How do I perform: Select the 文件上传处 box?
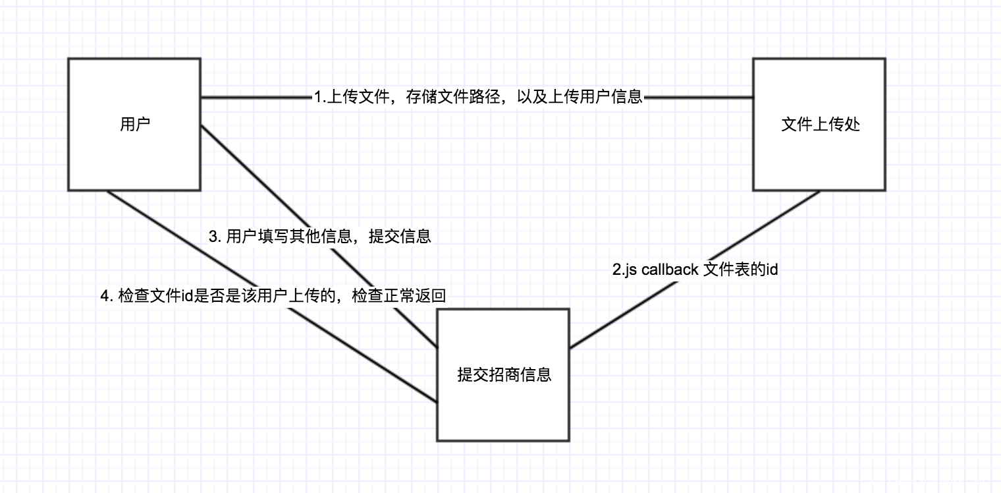[x=819, y=158]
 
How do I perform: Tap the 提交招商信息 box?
[x=503, y=409]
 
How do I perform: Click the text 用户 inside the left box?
[x=135, y=125]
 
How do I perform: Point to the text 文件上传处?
[x=821, y=125]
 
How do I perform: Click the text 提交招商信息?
[x=504, y=375]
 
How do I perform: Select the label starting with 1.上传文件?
[x=478, y=98]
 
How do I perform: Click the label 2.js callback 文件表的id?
[x=695, y=270]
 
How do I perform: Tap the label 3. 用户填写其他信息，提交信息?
[x=320, y=237]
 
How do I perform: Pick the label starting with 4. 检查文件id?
[x=273, y=296]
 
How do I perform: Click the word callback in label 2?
[x=670, y=270]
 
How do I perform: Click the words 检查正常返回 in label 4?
[x=399, y=296]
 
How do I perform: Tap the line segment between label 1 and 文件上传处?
[x=698, y=98]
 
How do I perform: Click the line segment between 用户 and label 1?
[x=257, y=98]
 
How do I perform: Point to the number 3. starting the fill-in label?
[x=214, y=237]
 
